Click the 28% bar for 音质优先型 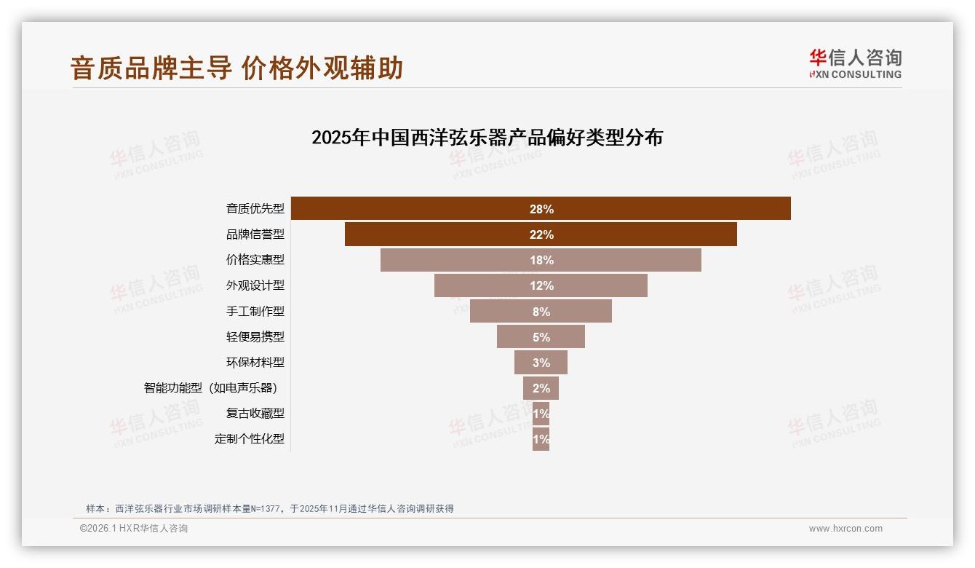[x=541, y=208]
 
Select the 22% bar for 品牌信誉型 [x=541, y=234]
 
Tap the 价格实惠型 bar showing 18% [x=541, y=260]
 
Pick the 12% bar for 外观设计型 [x=541, y=285]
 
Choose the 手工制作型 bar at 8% [x=541, y=311]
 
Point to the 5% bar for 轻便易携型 [x=541, y=336]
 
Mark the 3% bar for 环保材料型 [x=541, y=362]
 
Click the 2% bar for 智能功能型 [x=541, y=387]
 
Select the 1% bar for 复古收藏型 [x=541, y=414]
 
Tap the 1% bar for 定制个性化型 [x=541, y=439]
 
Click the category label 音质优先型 [x=255, y=209]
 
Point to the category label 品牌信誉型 [x=255, y=234]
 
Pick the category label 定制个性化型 [x=249, y=439]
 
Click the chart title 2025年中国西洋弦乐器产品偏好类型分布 [x=487, y=138]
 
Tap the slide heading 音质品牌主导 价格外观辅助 [x=236, y=68]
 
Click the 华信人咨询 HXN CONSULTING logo [x=855, y=63]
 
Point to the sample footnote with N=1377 [x=270, y=508]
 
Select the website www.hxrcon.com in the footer [x=845, y=529]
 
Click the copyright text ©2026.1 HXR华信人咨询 [x=134, y=529]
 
